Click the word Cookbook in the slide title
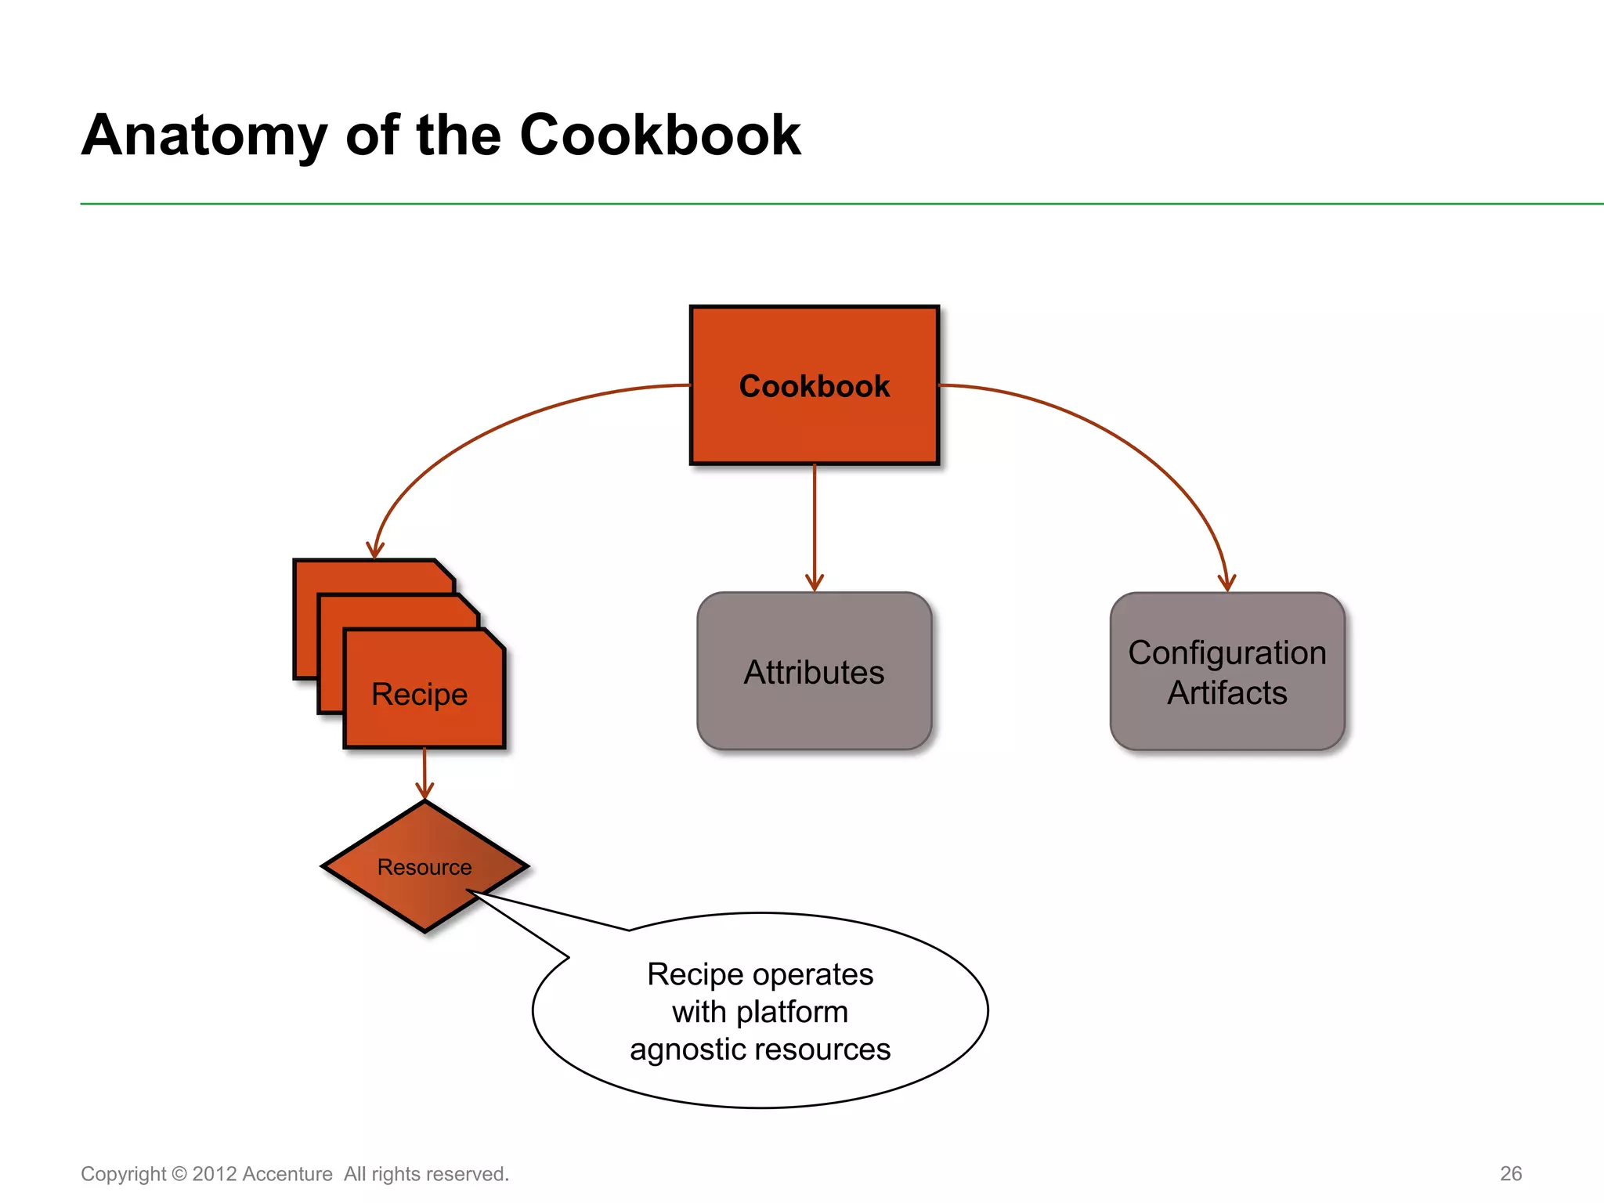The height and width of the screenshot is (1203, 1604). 659,135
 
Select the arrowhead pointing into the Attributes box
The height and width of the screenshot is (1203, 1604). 815,583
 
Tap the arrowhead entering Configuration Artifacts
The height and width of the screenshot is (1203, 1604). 1226,583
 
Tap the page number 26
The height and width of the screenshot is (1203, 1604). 1511,1173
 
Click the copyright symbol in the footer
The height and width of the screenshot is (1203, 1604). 179,1174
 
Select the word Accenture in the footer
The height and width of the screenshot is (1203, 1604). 287,1174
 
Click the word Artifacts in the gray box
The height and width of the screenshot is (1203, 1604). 1226,693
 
